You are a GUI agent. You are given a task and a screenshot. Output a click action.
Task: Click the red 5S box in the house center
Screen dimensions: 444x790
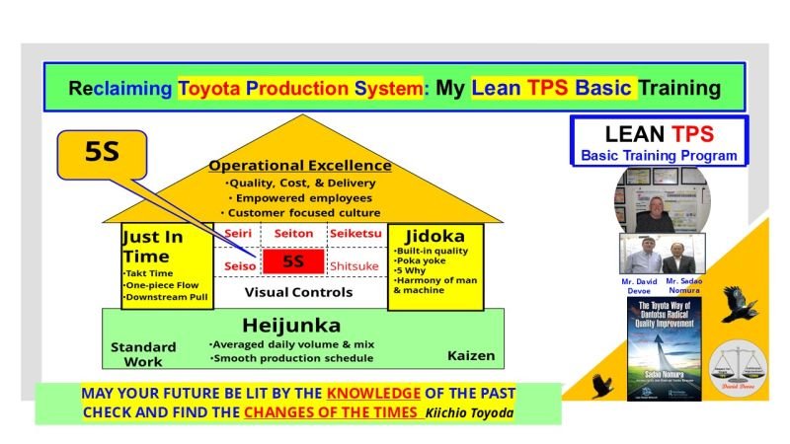coord(293,262)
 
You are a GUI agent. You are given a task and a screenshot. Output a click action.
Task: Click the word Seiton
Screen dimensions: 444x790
coord(293,234)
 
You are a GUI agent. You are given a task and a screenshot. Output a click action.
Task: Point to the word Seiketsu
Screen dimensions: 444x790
coord(352,234)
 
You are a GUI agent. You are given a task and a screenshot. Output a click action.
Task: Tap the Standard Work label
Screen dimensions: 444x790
coord(143,352)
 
